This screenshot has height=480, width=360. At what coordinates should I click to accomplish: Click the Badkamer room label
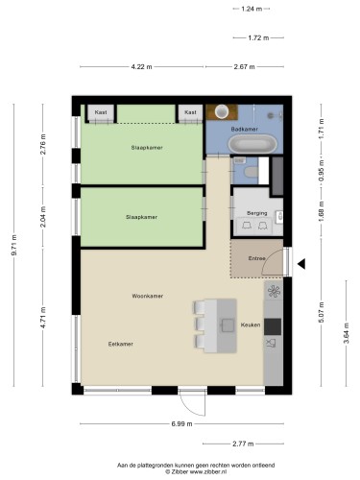(244, 129)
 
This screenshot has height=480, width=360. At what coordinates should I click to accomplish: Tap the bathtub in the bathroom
(252, 144)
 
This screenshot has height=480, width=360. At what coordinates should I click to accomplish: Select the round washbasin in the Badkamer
(222, 111)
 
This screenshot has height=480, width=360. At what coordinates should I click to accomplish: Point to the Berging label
(257, 213)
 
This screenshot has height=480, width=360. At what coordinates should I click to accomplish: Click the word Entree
(257, 258)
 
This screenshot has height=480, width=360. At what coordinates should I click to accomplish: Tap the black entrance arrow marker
(301, 264)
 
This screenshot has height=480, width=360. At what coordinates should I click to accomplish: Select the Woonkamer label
(148, 296)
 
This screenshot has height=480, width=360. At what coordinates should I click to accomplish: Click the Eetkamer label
(121, 344)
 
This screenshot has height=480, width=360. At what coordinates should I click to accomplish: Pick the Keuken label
(251, 324)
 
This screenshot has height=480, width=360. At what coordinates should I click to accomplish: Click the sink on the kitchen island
(228, 325)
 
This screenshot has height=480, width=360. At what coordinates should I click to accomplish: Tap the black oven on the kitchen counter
(273, 326)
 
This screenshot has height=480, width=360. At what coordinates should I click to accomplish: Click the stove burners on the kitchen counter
(274, 292)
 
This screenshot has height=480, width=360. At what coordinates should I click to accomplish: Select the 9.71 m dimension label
(14, 245)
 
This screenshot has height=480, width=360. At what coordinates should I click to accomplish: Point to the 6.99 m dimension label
(181, 423)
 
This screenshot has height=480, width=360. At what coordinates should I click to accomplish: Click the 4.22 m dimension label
(141, 66)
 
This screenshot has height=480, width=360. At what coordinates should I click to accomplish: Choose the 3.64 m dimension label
(346, 333)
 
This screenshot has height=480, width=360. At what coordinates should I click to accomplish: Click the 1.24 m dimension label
(252, 9)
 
